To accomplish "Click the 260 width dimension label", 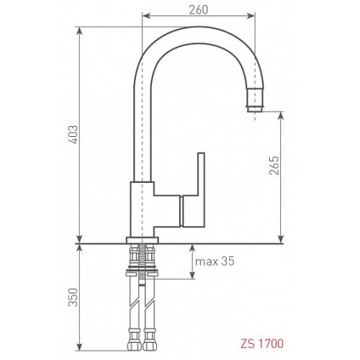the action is [x=199, y=9].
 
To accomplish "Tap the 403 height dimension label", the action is [x=73, y=135].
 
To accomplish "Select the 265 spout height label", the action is [x=274, y=166].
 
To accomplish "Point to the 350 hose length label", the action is [x=73, y=297].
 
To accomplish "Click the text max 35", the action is [x=215, y=261].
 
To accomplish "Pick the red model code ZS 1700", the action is [x=262, y=343].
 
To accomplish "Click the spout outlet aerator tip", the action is [x=255, y=109].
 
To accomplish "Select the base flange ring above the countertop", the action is [x=143, y=240].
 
